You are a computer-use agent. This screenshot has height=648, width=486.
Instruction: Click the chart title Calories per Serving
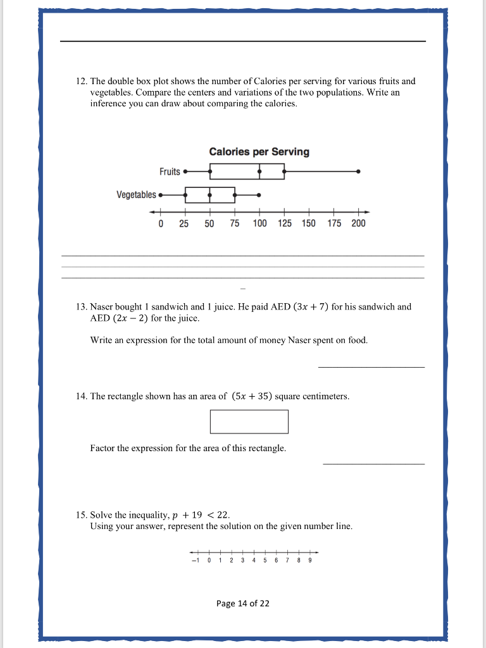(x=259, y=152)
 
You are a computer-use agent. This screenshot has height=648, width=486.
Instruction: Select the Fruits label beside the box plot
(x=170, y=171)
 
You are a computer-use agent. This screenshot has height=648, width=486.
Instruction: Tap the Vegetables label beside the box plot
(x=136, y=195)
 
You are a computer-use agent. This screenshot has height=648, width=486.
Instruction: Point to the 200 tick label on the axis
(x=358, y=223)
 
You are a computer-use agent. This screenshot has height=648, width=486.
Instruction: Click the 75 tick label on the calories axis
(x=234, y=223)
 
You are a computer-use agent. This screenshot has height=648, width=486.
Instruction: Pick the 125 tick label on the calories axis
(x=284, y=223)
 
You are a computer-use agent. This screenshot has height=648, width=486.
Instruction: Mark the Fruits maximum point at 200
(x=358, y=171)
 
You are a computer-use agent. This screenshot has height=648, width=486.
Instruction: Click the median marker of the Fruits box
(x=259, y=171)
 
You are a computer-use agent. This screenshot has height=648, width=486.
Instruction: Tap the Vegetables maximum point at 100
(x=259, y=195)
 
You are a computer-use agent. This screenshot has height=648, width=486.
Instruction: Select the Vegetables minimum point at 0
(x=161, y=195)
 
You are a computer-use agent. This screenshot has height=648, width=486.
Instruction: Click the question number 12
(x=81, y=82)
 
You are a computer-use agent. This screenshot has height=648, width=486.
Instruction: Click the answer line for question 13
(x=371, y=366)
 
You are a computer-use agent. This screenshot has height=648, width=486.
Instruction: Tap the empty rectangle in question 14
(x=249, y=421)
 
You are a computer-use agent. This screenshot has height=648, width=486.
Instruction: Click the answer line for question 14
(x=373, y=464)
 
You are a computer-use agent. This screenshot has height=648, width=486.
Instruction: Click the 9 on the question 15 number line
(x=310, y=560)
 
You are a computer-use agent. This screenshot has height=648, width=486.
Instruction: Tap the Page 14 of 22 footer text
(x=242, y=604)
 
